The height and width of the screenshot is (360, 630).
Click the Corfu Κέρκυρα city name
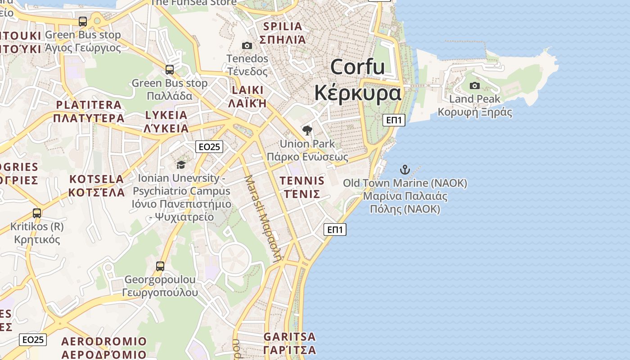tap(358, 80)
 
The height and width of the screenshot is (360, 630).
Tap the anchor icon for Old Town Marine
tap(405, 170)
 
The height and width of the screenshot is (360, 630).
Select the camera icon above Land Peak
tap(474, 85)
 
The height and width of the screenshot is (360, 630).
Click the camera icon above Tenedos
tap(247, 45)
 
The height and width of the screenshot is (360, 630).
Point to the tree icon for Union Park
tap(307, 131)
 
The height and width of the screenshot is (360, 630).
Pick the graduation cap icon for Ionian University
tap(181, 165)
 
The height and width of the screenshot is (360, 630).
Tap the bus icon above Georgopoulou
tap(160, 266)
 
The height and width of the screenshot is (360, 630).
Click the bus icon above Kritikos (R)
tap(37, 213)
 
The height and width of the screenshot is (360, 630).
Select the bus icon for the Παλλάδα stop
tap(170, 70)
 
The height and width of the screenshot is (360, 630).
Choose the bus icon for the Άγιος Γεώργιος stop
tap(83, 21)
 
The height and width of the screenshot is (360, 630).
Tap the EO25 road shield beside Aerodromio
tap(33, 339)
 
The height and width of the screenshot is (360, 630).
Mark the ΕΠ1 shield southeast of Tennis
tap(335, 229)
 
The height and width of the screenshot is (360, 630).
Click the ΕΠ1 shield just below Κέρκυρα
tap(394, 120)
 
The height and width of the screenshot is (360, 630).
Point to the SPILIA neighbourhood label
tap(283, 32)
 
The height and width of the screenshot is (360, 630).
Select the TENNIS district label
tap(301, 187)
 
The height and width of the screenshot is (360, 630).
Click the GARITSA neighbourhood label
tap(289, 343)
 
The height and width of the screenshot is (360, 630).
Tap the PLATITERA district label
tap(89, 112)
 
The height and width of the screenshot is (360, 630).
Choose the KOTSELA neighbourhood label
tap(96, 185)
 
